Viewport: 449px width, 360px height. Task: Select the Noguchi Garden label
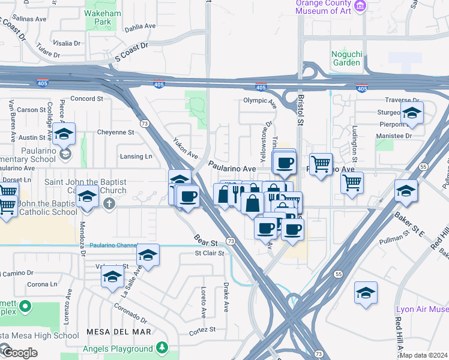(346, 58)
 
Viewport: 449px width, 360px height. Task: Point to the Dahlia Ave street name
(139, 28)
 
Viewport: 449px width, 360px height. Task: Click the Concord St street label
(88, 98)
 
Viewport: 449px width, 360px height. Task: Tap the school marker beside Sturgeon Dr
(412, 113)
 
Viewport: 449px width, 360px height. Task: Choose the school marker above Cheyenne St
(62, 134)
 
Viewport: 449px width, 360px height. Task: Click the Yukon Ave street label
(185, 148)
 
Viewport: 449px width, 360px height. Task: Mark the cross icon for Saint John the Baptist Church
(109, 203)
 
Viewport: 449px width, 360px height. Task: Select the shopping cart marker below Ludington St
(352, 182)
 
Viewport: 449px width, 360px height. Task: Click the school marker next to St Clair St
(148, 256)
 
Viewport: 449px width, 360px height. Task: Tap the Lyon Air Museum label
(422, 310)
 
